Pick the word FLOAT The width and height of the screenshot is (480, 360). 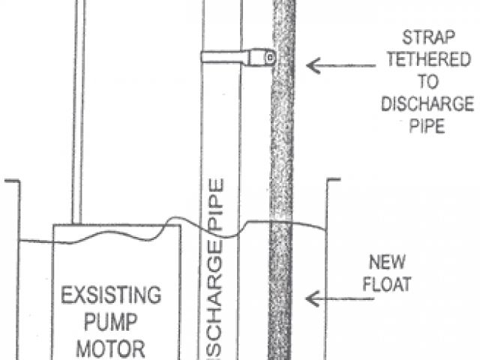[x=388, y=284]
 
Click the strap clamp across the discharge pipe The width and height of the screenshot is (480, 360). [x=232, y=56]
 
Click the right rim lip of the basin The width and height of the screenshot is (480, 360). [x=332, y=180]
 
